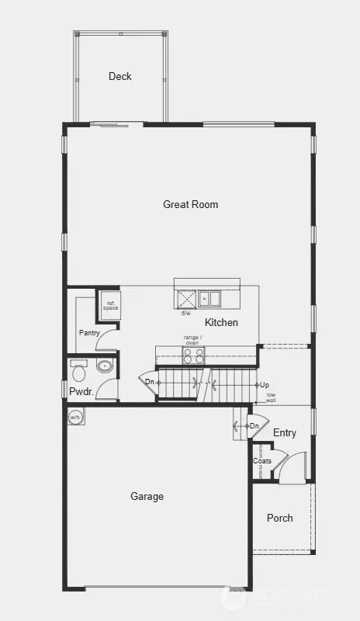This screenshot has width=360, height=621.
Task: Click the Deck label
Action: tap(120, 76)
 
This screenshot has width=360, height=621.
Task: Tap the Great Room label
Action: tap(190, 205)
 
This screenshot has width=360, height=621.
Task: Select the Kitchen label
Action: tap(221, 322)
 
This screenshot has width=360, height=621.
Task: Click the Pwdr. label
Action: tap(81, 392)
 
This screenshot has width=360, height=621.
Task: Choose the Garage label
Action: tap(147, 497)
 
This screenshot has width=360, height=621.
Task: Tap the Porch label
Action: tap(279, 518)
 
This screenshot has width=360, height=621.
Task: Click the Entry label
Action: tap(285, 433)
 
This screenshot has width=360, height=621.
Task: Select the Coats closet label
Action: tap(262, 461)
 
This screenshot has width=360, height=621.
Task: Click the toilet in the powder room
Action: tap(104, 366)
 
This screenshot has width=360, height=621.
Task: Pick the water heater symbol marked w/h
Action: tap(75, 417)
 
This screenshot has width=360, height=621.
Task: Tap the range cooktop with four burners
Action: tap(193, 356)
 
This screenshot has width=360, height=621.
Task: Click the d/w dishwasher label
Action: tap(186, 314)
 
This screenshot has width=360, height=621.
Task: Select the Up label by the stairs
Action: tap(264, 385)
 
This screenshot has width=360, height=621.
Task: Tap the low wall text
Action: tap(271, 398)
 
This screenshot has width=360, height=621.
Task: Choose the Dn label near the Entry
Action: tap(254, 426)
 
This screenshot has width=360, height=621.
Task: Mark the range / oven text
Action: tap(192, 339)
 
